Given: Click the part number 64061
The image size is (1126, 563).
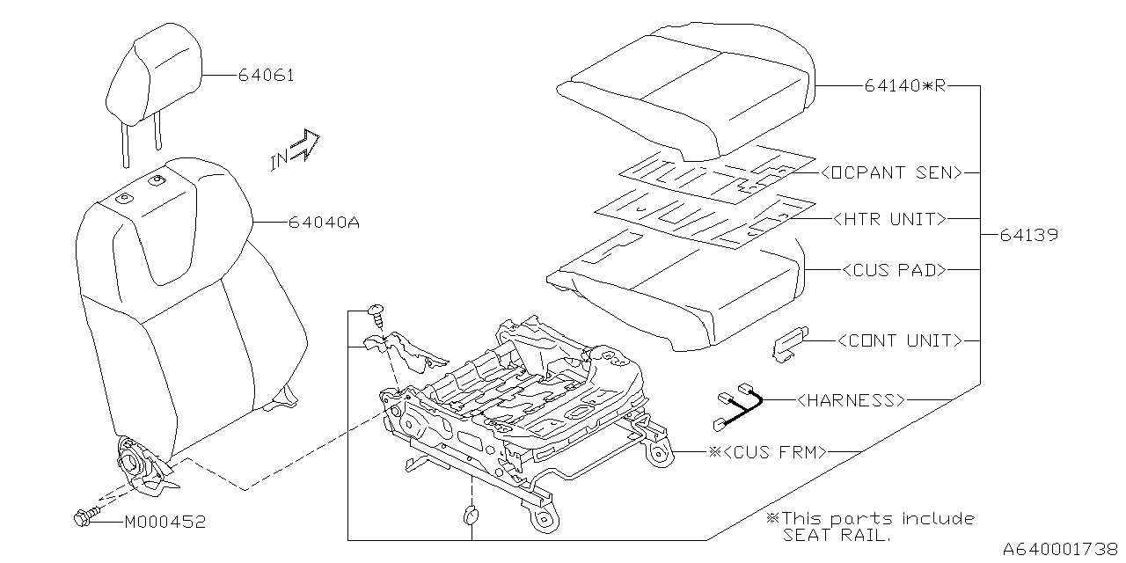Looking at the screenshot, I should (265, 76).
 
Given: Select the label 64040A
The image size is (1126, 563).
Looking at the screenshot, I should (324, 223).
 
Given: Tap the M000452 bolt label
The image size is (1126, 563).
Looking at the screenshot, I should (165, 522).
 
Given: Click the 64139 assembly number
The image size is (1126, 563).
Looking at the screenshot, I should (1028, 236).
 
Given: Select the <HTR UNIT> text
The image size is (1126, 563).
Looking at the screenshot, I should (889, 219).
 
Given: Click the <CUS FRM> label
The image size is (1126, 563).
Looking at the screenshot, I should (774, 452).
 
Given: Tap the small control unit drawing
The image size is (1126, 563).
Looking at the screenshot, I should (790, 342).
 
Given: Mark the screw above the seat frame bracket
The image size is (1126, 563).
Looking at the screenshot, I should (377, 311).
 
